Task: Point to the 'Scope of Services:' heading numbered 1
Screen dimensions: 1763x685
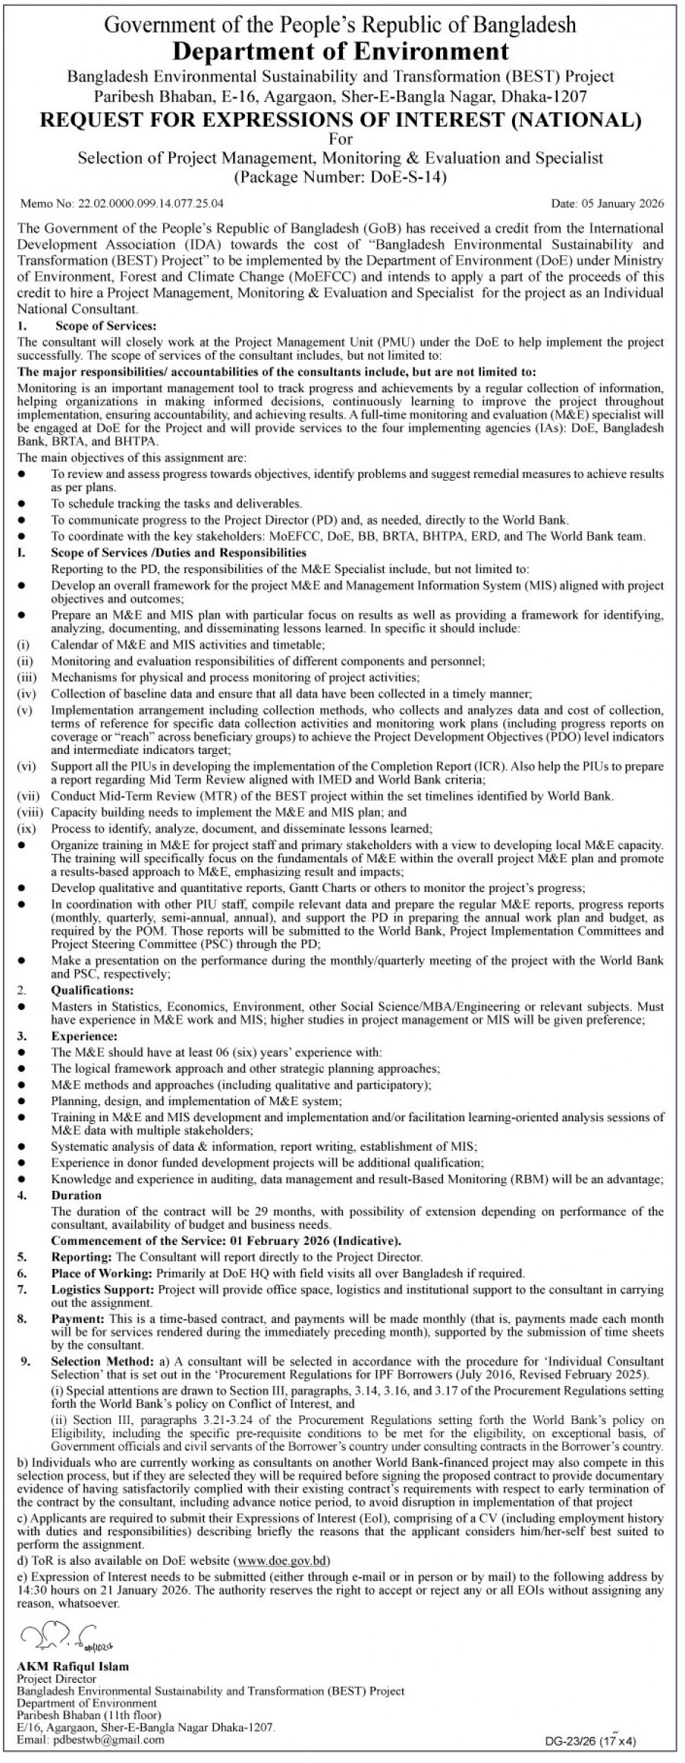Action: pos(104,326)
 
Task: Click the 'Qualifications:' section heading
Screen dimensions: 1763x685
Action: pos(92,991)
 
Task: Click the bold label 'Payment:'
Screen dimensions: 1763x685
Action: pos(78,1319)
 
